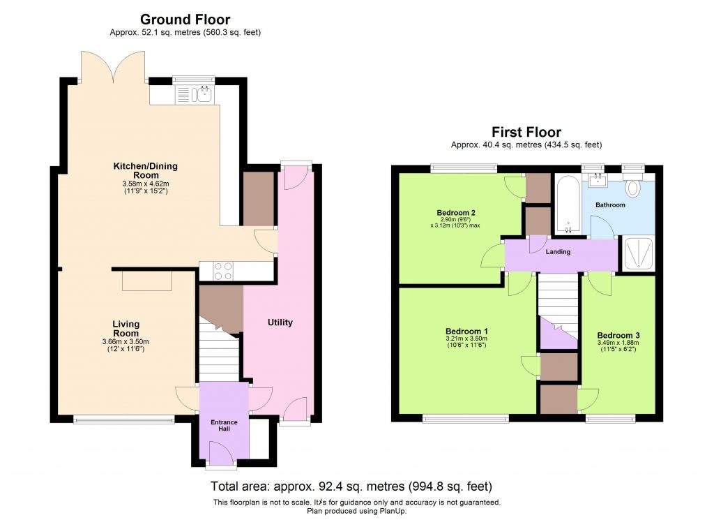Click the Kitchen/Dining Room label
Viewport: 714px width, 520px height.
pyautogui.click(x=146, y=170)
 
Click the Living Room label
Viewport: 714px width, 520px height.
pyautogui.click(x=126, y=328)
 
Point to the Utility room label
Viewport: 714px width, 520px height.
pyautogui.click(x=280, y=322)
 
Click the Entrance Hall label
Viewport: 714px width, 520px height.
pyautogui.click(x=225, y=426)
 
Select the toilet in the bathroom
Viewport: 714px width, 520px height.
pyautogui.click(x=633, y=188)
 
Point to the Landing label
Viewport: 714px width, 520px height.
pyautogui.click(x=559, y=252)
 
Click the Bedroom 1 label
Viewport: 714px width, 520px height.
pyautogui.click(x=466, y=331)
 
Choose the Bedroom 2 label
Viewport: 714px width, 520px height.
pyautogui.click(x=456, y=213)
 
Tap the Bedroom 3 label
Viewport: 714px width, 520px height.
pyautogui.click(x=618, y=336)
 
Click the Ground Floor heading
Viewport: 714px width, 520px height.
pyautogui.click(x=185, y=20)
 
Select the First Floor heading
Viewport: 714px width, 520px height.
pyautogui.click(x=526, y=132)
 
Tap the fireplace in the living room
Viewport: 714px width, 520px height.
pyautogui.click(x=147, y=281)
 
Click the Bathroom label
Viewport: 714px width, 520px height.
pyautogui.click(x=610, y=205)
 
